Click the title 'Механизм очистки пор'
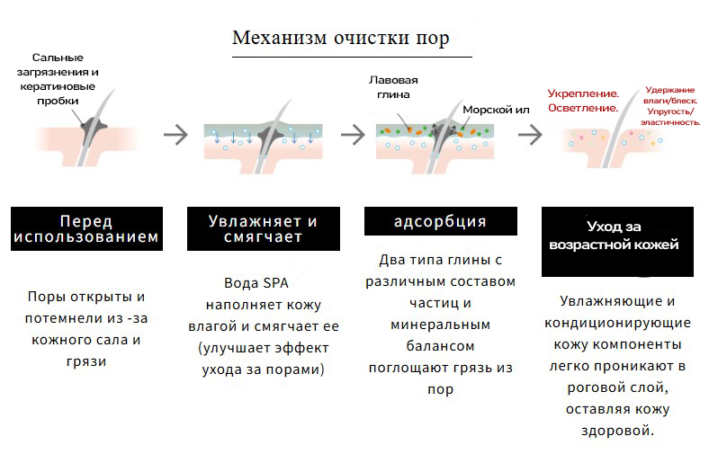tap(340, 38)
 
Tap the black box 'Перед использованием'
tap(87, 229)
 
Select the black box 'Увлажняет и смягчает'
tap(263, 229)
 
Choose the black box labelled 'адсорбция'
tap(440, 221)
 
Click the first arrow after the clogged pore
tap(175, 135)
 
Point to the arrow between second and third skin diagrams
tap(354, 135)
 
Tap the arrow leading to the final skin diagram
tap(530, 135)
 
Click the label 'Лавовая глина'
tap(394, 86)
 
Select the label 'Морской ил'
tap(496, 110)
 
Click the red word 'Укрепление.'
tap(584, 93)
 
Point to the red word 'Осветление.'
tap(582, 108)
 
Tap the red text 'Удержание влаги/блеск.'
tap(670, 96)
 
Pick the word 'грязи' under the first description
tap(86, 361)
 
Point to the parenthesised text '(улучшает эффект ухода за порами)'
tap(263, 357)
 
